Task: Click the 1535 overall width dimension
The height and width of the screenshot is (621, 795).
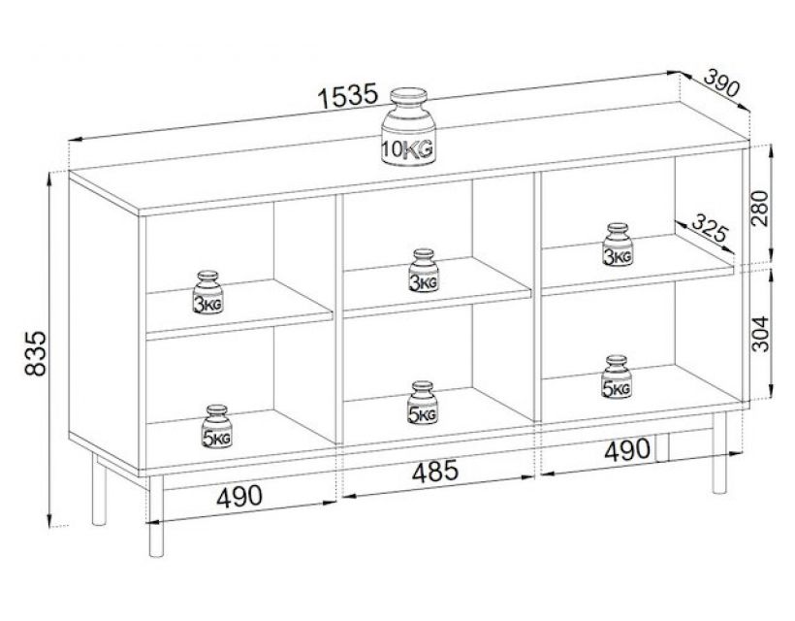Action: tap(346, 96)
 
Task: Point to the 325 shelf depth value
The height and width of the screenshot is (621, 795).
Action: tap(709, 233)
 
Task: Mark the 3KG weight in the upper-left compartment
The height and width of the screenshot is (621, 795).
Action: tap(209, 294)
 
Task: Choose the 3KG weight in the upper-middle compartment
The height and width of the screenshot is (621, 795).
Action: tap(422, 271)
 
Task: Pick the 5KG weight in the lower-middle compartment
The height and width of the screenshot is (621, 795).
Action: tap(422, 403)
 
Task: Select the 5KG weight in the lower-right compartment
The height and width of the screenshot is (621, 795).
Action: tap(617, 377)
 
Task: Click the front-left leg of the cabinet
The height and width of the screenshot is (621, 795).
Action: tap(154, 519)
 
